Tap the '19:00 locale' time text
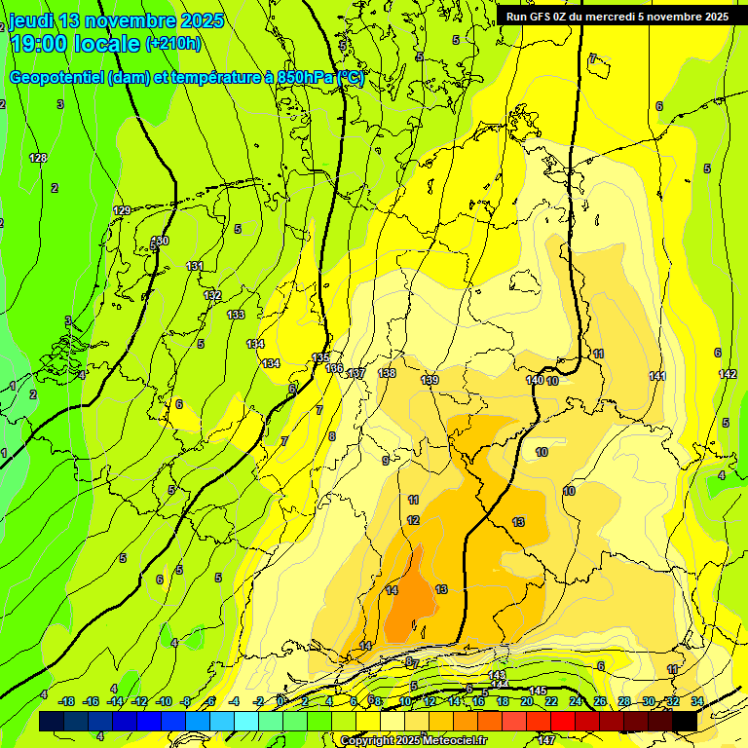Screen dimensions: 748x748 [x=74, y=43]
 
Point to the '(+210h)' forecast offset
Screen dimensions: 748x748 [x=172, y=43]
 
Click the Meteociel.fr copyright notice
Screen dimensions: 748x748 [x=413, y=741]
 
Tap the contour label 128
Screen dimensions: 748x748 [x=38, y=158]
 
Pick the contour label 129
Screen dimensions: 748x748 [x=122, y=210]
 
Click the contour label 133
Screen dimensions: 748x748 [x=236, y=315]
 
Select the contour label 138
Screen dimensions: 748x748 [x=387, y=373]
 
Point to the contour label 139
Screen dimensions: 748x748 [x=430, y=380]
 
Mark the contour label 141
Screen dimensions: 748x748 [x=657, y=376]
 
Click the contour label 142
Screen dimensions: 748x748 [x=728, y=374]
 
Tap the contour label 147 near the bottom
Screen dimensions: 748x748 [x=546, y=740]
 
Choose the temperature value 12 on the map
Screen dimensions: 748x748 [x=413, y=521]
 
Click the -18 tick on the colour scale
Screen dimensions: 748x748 [x=66, y=701]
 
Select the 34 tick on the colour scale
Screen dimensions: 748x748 [x=697, y=701]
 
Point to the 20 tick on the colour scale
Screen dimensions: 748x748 [x=526, y=701]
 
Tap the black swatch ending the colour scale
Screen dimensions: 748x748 [x=685, y=721]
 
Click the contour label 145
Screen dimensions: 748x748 [x=538, y=691]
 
